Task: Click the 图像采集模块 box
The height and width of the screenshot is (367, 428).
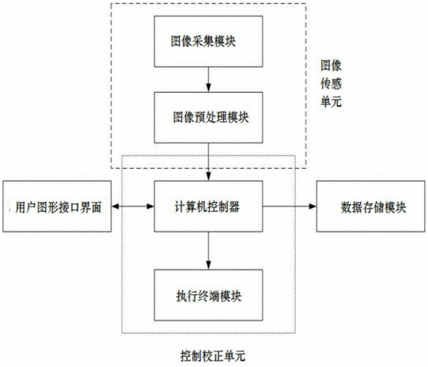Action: tap(208, 42)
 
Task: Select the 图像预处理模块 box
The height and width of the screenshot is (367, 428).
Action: tap(208, 117)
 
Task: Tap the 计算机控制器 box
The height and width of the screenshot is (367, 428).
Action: tap(208, 206)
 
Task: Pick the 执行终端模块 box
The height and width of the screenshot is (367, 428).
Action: tap(208, 295)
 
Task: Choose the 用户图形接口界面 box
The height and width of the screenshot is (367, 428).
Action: tap(57, 206)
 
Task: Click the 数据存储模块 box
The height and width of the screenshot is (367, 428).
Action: tap(371, 206)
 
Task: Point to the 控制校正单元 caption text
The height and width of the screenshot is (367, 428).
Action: tap(213, 356)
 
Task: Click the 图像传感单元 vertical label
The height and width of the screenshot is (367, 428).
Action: tap(331, 84)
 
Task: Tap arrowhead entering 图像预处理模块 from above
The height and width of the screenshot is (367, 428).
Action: tap(208, 88)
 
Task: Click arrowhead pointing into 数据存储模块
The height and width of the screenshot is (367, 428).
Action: tap(313, 206)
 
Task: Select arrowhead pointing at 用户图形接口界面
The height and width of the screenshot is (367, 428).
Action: tap(115, 206)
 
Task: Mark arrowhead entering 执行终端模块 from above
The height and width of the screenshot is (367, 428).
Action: tap(208, 265)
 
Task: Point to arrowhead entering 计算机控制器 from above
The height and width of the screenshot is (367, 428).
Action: tap(208, 176)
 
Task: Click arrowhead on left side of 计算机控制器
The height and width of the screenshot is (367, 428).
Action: tap(150, 206)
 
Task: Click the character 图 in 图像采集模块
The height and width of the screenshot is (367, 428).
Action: tap(176, 42)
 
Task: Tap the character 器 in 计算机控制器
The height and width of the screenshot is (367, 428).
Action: tap(234, 207)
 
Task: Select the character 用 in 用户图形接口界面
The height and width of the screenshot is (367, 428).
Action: tap(20, 208)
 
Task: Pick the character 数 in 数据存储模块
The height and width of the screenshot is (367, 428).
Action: tap(346, 208)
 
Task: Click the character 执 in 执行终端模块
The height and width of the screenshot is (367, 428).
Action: tap(182, 296)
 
